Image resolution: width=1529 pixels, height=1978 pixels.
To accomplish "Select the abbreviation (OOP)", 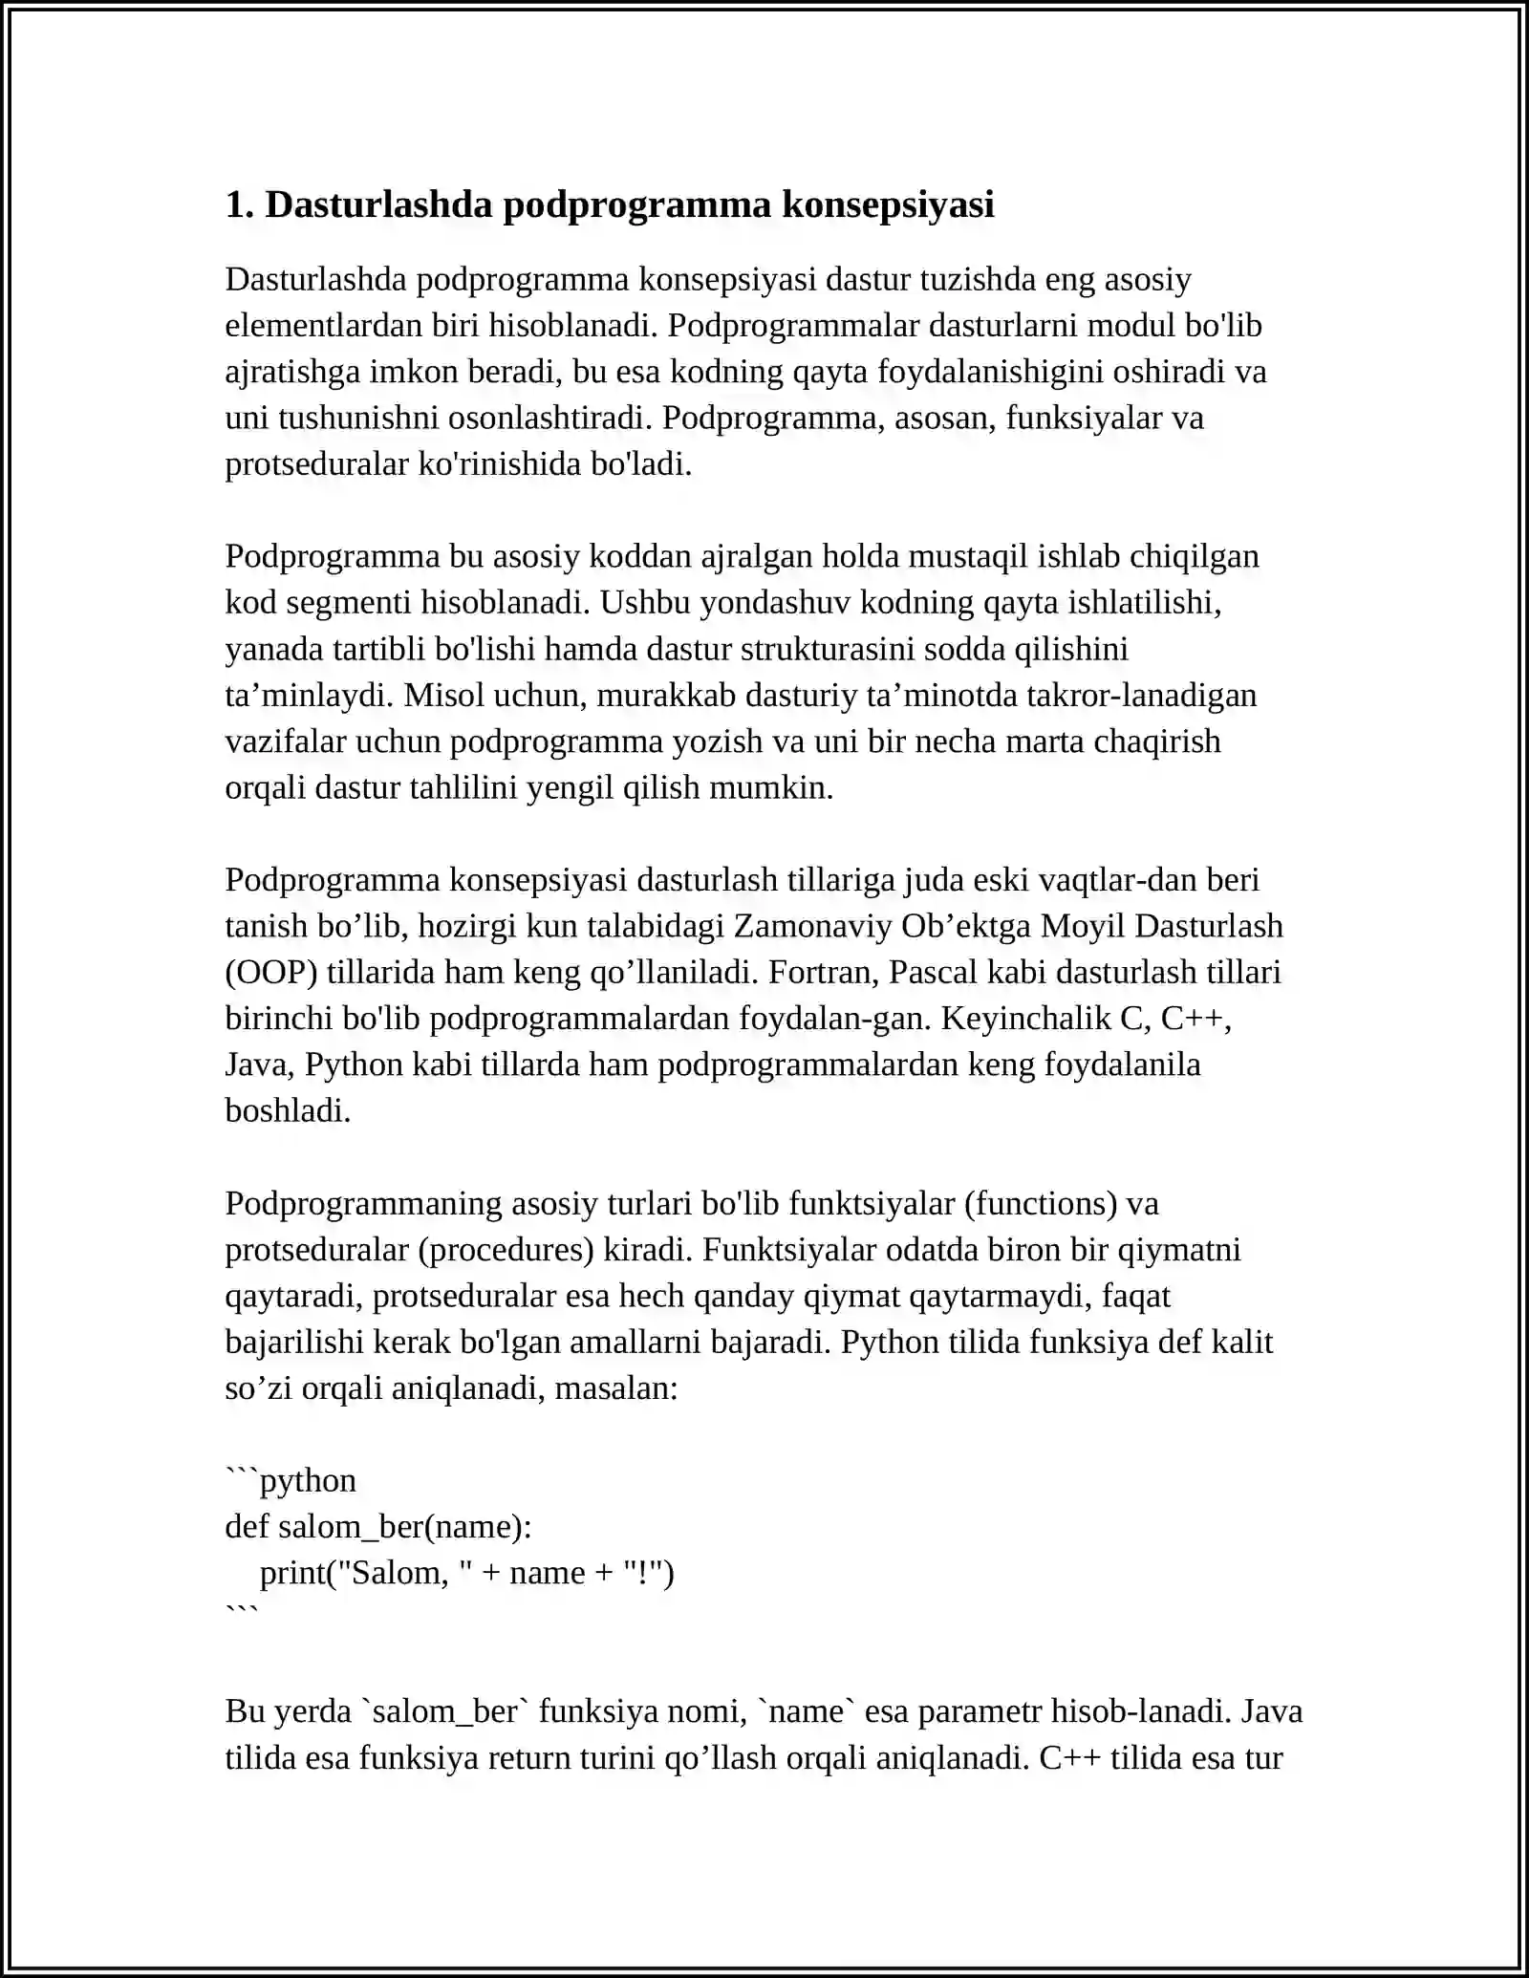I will coord(271,973).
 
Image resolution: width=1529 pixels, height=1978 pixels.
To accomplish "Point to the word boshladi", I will coord(288,1111).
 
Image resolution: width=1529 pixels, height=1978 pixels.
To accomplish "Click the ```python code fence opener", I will coord(291,1481).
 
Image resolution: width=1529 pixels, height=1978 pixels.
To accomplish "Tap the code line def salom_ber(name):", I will coord(378,1527).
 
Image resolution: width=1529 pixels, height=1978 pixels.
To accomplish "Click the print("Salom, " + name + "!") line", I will coord(467,1573).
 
